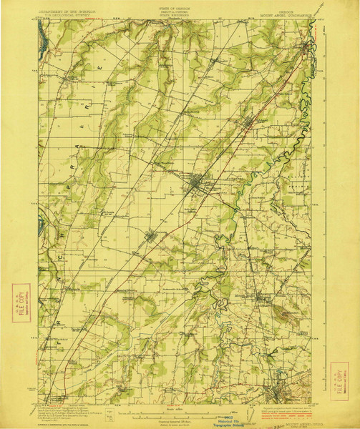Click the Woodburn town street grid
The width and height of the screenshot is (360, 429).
195,187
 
